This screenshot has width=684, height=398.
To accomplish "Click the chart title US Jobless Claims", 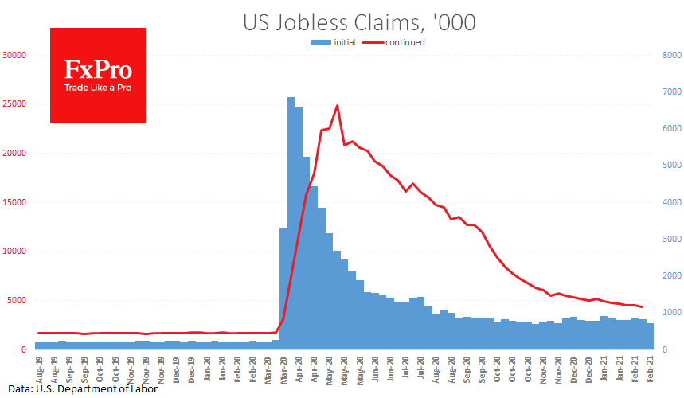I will pos(359,22).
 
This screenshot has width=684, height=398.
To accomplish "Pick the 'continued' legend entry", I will pos(397,42).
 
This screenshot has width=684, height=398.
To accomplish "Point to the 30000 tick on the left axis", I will pos(15,56).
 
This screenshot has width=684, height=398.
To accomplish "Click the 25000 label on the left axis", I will pos(15,104).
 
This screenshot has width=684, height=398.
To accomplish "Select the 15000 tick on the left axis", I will pos(15,202).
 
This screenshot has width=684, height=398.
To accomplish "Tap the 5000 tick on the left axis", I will pos(18,301).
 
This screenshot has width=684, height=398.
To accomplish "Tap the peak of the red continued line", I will pos(338,105).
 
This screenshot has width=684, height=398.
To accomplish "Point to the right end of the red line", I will pos(642,307).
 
